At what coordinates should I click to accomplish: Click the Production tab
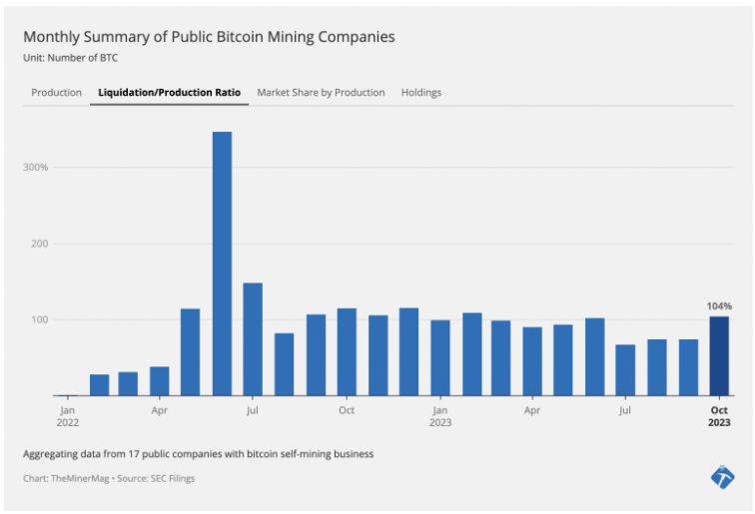point(56,93)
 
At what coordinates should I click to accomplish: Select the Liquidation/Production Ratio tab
point(169,93)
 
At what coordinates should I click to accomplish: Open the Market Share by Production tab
point(321,93)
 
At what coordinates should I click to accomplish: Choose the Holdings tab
point(421,93)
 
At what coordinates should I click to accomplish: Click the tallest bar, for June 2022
point(222,263)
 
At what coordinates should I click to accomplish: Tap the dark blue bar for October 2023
point(719,356)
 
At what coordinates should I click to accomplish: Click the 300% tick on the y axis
point(35,167)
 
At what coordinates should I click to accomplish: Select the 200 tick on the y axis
point(38,244)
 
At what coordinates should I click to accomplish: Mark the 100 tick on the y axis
point(38,320)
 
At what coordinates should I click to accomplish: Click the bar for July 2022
point(253,339)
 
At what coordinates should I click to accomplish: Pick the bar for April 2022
point(160,381)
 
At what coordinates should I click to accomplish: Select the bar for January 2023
point(440,357)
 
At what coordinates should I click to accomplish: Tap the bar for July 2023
point(626,370)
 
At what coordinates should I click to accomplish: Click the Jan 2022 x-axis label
point(67,416)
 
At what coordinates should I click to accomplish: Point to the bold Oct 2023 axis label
point(720,416)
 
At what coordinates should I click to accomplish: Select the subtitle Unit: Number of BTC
point(70,58)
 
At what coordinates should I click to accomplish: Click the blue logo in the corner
point(722,477)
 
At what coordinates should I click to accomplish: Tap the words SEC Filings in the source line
point(173,479)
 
